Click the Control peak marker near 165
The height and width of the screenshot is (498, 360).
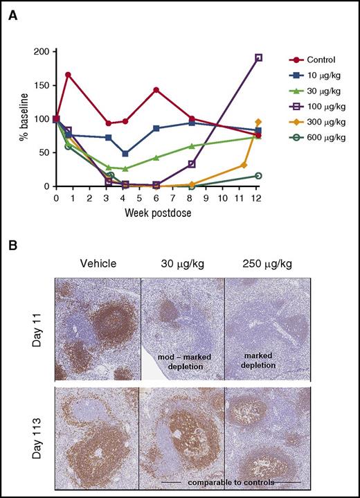pyautogui.click(x=68, y=75)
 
